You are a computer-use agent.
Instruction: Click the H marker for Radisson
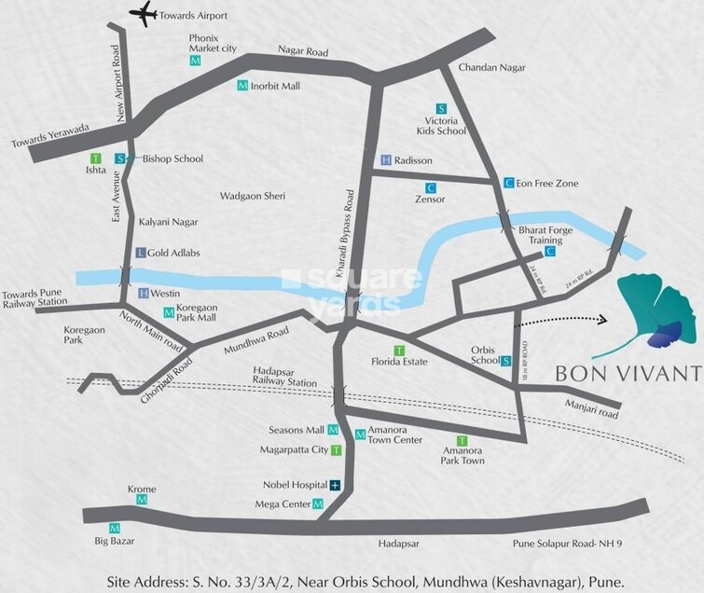386,160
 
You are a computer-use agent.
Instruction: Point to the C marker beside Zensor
431,186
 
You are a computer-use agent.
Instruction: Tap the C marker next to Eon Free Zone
508,183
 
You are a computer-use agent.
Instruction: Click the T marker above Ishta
94,159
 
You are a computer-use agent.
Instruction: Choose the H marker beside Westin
144,293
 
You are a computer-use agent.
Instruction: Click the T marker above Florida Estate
399,349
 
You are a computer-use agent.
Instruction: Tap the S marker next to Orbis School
505,361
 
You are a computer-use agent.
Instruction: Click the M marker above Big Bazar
116,527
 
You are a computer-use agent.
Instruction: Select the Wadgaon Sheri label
251,197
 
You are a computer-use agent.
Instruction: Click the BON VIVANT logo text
627,374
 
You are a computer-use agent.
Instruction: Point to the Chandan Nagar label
491,68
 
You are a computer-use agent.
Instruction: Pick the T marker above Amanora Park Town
462,439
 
